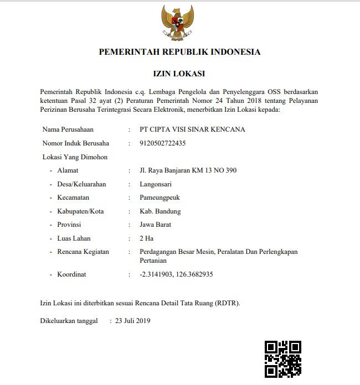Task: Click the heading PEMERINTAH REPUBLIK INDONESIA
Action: click(x=179, y=53)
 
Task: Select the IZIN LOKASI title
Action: click(x=179, y=74)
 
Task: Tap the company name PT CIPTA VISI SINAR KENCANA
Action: click(x=193, y=129)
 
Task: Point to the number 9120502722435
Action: click(x=163, y=143)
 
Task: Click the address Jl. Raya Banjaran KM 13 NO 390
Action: click(x=188, y=170)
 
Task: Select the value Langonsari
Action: click(x=156, y=184)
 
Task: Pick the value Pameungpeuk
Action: click(x=160, y=197)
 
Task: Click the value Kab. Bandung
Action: click(x=161, y=211)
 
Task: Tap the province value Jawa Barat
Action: click(x=156, y=225)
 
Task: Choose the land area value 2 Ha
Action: click(x=146, y=238)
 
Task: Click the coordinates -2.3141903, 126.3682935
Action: click(x=177, y=274)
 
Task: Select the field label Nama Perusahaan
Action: click(x=68, y=129)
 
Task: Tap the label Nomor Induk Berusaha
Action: click(x=76, y=143)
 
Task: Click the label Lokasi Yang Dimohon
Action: click(x=75, y=157)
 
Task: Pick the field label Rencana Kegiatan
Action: click(x=83, y=252)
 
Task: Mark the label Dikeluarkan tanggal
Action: click(x=69, y=320)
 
